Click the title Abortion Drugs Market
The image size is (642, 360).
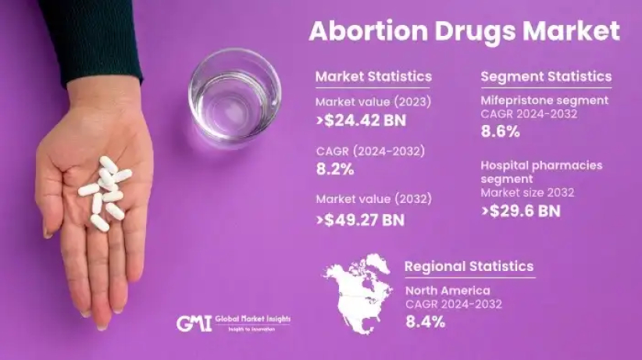(464, 31)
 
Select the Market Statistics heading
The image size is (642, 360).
(373, 77)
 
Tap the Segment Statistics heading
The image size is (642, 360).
(546, 77)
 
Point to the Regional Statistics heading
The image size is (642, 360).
(469, 267)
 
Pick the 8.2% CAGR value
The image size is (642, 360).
(335, 169)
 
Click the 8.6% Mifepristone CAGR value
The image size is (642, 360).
(500, 132)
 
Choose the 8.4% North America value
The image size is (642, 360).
(424, 321)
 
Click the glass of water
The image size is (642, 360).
(234, 97)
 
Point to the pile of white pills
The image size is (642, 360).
(106, 192)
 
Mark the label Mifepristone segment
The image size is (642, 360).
(544, 101)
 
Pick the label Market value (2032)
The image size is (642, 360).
(373, 199)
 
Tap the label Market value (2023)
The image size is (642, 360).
(373, 102)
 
